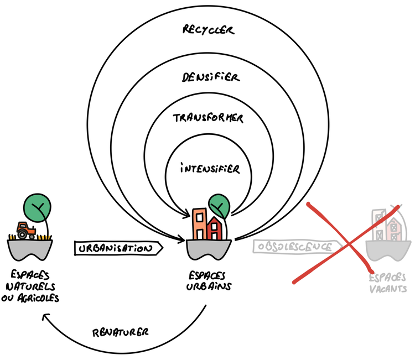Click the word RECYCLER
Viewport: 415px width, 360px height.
pyautogui.click(x=208, y=29)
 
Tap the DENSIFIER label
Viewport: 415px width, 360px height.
pyautogui.click(x=210, y=77)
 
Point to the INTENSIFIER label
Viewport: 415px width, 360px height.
pyautogui.click(x=210, y=168)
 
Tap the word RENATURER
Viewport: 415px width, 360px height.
pyautogui.click(x=120, y=332)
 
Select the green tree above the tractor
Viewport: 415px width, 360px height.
pyautogui.click(x=38, y=207)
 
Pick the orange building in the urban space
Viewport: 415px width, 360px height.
pyautogui.click(x=199, y=224)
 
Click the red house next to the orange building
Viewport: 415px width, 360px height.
pyautogui.click(x=214, y=227)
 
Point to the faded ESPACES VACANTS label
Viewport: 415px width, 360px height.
pyautogui.click(x=387, y=284)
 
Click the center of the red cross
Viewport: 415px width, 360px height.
pyautogui.click(x=347, y=243)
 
